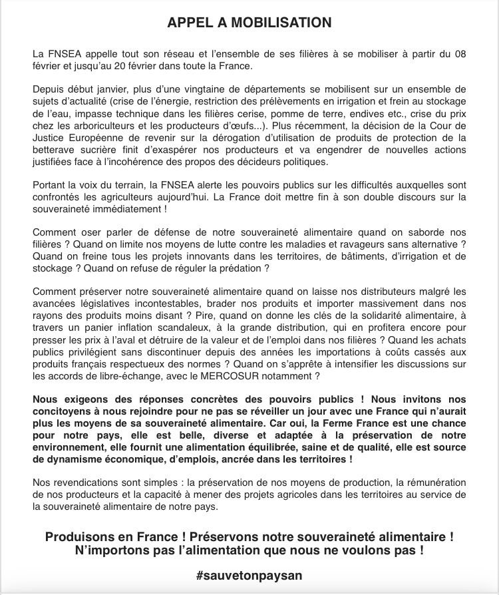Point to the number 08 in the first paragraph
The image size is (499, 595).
point(459,54)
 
